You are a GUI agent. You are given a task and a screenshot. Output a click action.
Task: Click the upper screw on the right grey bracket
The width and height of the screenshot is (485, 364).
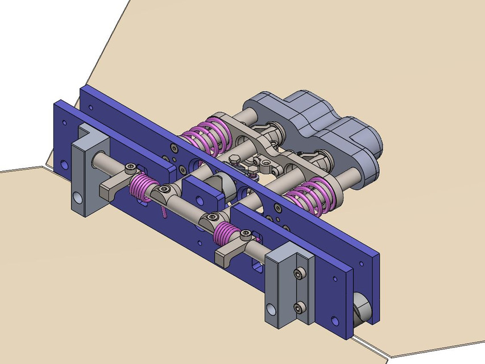click(299, 275)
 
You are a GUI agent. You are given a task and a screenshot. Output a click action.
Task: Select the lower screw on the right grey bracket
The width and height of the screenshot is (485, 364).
click(299, 309)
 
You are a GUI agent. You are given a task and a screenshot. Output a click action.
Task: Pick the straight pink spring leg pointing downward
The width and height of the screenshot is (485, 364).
click(163, 211)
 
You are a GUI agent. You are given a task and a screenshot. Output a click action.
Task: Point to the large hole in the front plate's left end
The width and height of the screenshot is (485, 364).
click(64, 166)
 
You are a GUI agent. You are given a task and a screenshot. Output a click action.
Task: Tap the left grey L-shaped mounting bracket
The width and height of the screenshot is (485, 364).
click(85, 171)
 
